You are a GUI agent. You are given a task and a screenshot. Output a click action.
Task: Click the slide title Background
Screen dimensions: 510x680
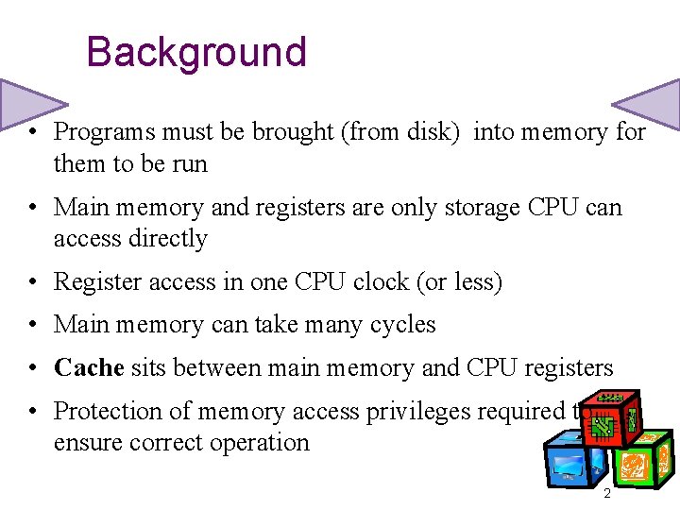pyautogui.click(x=196, y=52)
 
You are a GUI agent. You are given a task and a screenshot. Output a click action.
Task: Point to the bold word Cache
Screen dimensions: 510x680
pyautogui.click(x=89, y=367)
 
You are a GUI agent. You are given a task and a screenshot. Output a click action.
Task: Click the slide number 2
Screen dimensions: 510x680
pyautogui.click(x=606, y=494)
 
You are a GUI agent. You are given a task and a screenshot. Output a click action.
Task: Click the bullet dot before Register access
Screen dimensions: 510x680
pyautogui.click(x=33, y=281)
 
